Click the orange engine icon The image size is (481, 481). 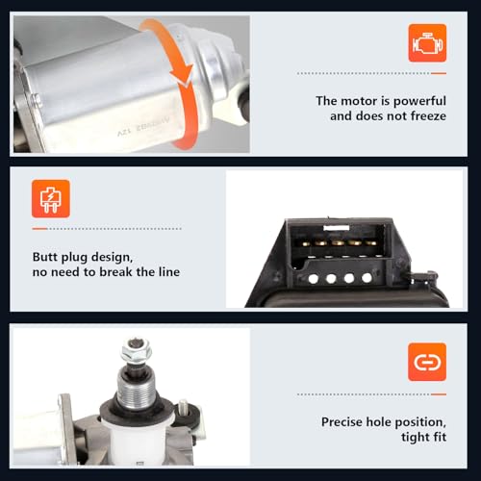[427, 43]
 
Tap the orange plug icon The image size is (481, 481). [51, 199]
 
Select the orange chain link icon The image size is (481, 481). [427, 362]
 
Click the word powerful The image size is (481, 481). [419, 101]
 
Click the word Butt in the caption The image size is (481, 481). [45, 257]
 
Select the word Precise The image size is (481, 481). [342, 422]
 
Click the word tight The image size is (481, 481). [415, 438]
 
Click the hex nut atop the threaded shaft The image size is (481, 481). [137, 350]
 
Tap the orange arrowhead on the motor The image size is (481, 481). [182, 76]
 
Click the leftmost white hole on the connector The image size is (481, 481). [314, 279]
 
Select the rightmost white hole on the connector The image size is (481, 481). [367, 278]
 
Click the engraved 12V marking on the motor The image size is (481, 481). [123, 132]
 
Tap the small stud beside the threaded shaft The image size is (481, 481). [183, 407]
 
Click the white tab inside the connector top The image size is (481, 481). [337, 228]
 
